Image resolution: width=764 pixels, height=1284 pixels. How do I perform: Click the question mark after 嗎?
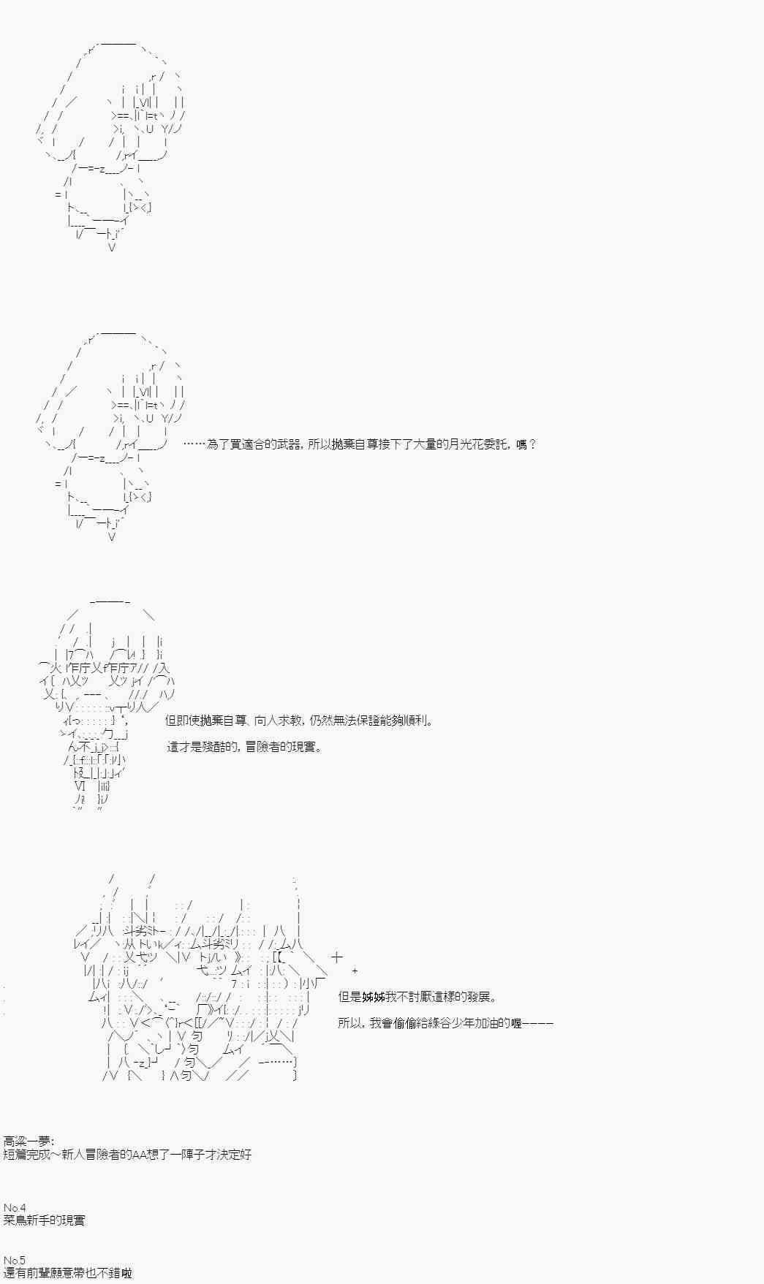point(532,444)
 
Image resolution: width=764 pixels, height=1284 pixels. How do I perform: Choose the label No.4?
point(15,1207)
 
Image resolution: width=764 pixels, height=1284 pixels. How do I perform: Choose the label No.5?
point(15,1260)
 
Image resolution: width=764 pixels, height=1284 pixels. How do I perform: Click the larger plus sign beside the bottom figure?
point(336,957)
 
